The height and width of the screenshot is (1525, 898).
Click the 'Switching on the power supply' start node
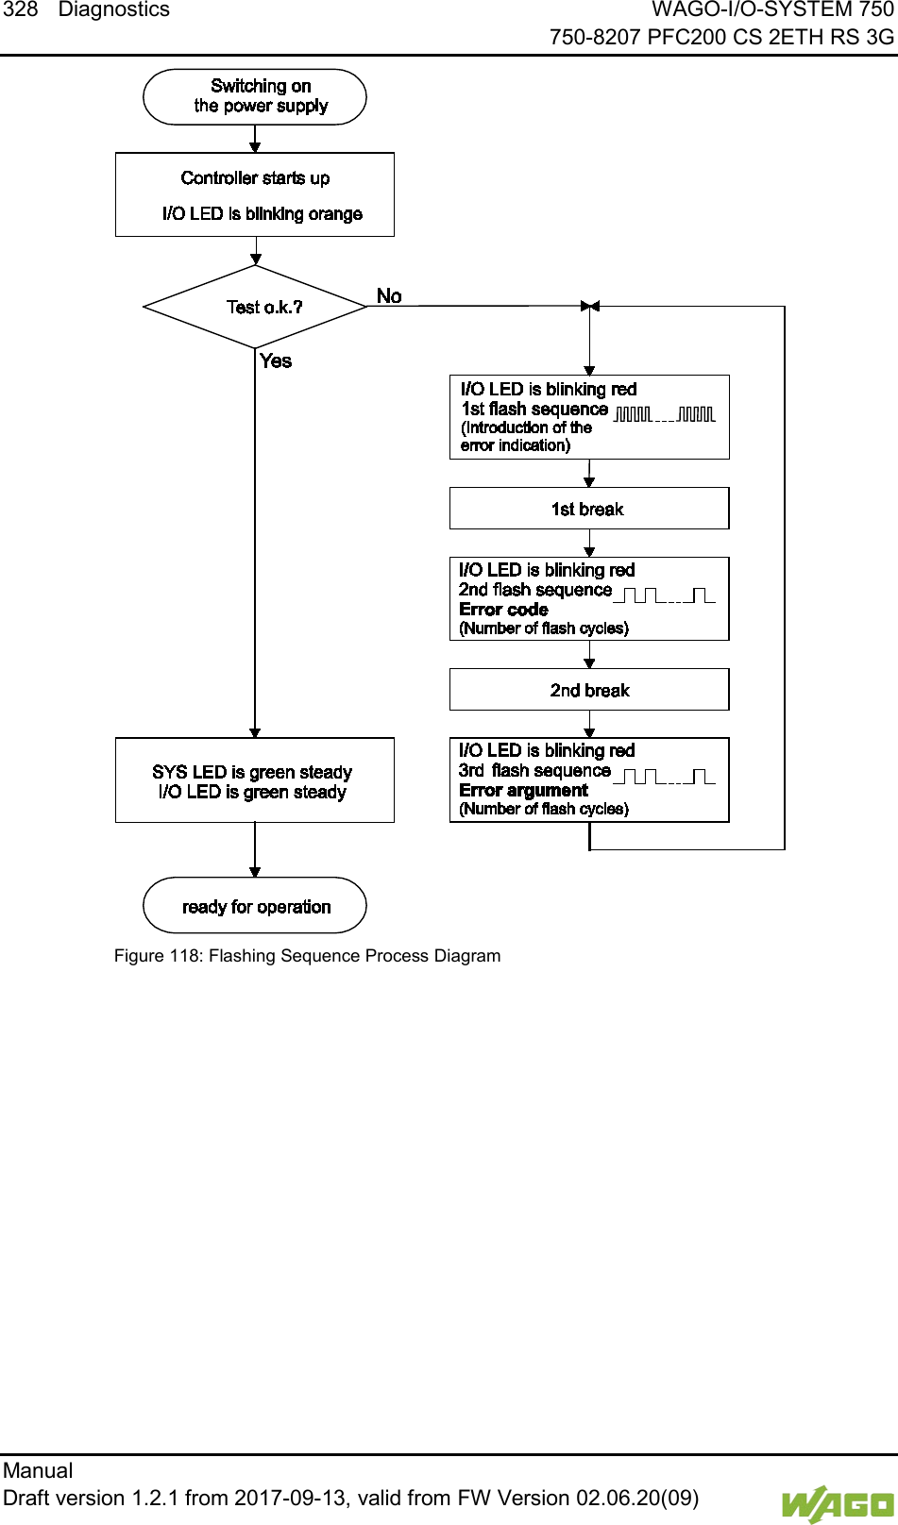(255, 96)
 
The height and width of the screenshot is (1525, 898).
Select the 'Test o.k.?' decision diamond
(255, 307)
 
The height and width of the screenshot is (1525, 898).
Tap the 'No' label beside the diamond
(389, 296)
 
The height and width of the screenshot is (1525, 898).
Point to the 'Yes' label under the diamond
(276, 360)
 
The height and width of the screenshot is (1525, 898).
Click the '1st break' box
(588, 509)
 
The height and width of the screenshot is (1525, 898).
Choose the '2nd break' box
(589, 690)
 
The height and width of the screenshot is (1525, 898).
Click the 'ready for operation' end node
(255, 906)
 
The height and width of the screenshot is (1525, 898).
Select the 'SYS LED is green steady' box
(253, 773)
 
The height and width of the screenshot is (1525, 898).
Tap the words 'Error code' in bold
(503, 609)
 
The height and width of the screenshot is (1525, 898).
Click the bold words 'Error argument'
(523, 790)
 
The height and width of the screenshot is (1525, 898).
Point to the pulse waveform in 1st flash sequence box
(665, 414)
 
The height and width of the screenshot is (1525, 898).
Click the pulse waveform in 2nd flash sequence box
(665, 595)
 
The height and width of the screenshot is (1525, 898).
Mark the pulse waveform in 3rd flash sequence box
(665, 777)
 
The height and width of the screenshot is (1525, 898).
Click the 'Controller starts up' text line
(255, 178)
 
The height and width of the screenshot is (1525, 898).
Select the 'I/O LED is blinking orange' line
(263, 214)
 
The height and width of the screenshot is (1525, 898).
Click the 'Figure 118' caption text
(307, 956)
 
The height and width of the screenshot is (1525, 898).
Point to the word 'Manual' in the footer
(38, 1470)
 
